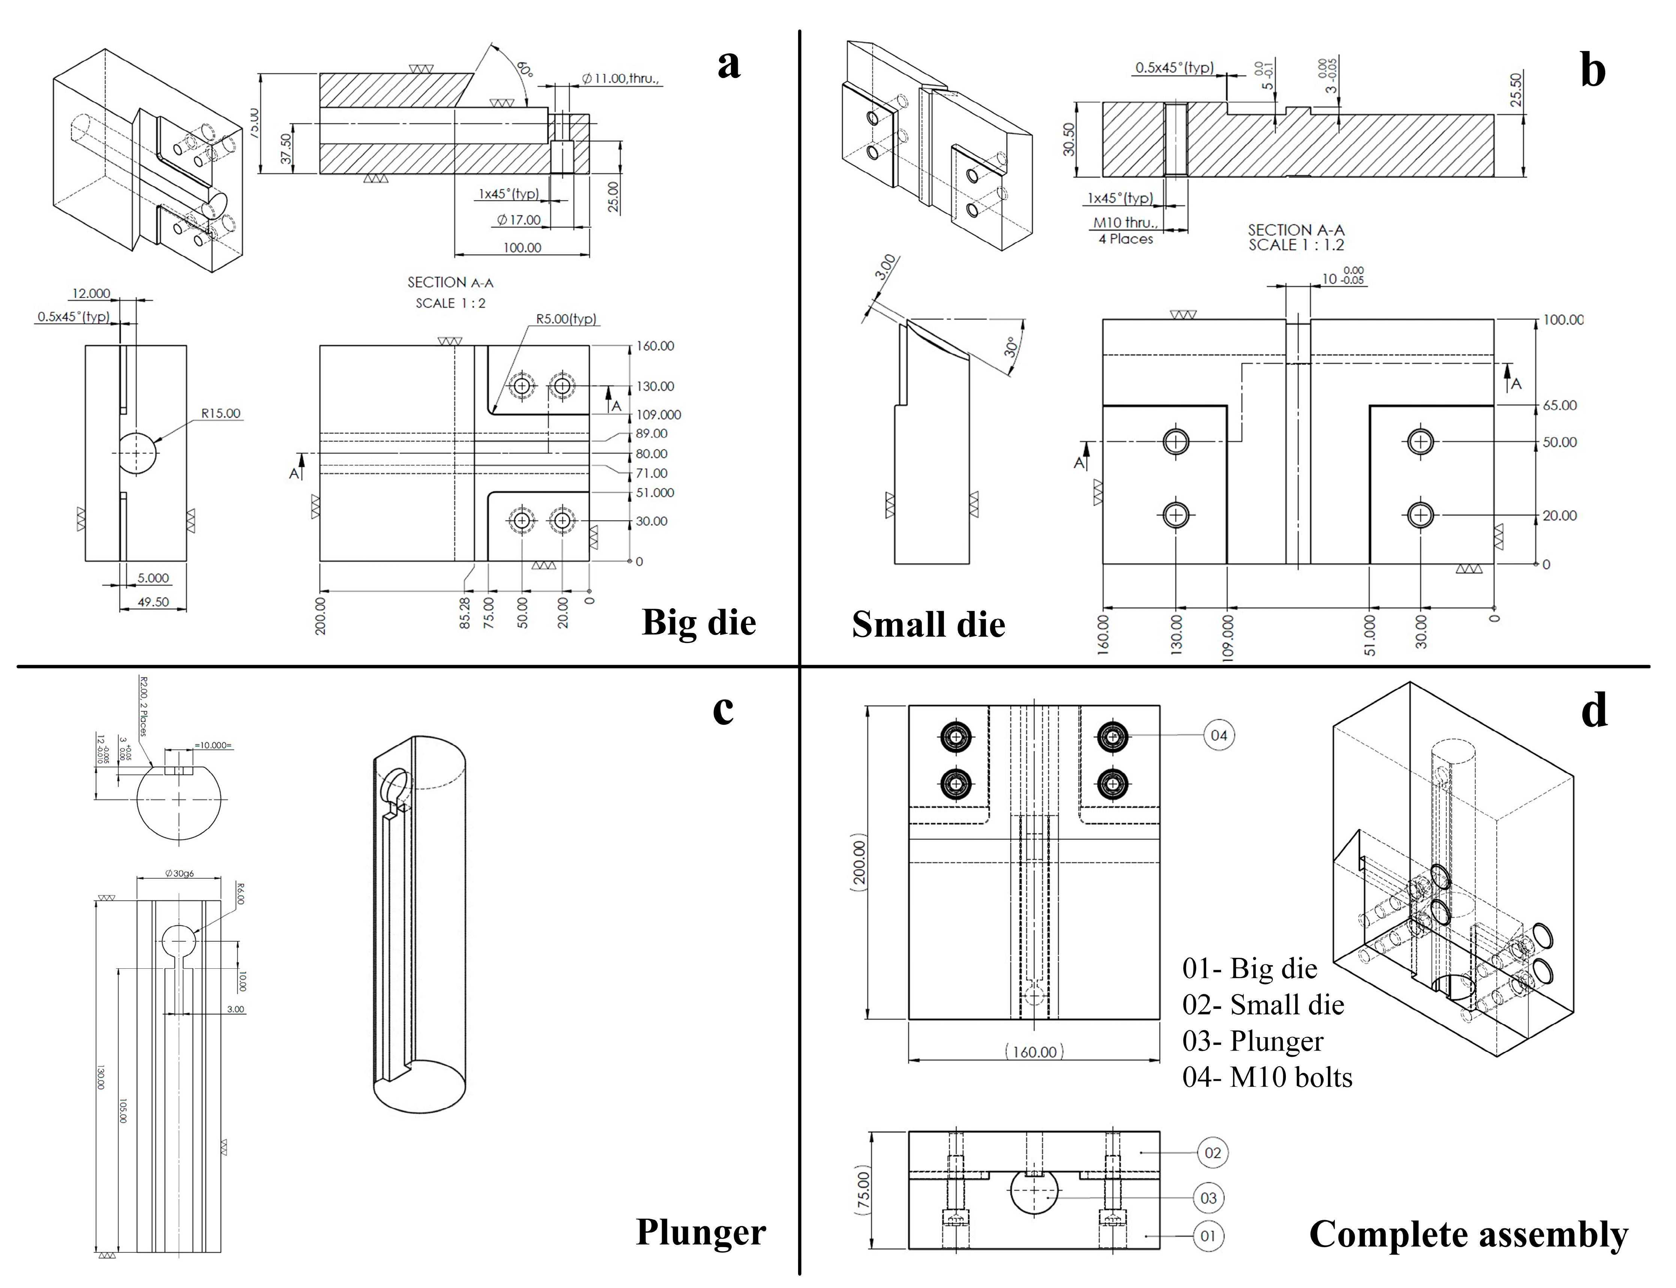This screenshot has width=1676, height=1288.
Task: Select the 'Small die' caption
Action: click(x=928, y=624)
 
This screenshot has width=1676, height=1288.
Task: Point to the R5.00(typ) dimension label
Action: click(x=565, y=319)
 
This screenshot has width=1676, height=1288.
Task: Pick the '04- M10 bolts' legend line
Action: click(x=1268, y=1077)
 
